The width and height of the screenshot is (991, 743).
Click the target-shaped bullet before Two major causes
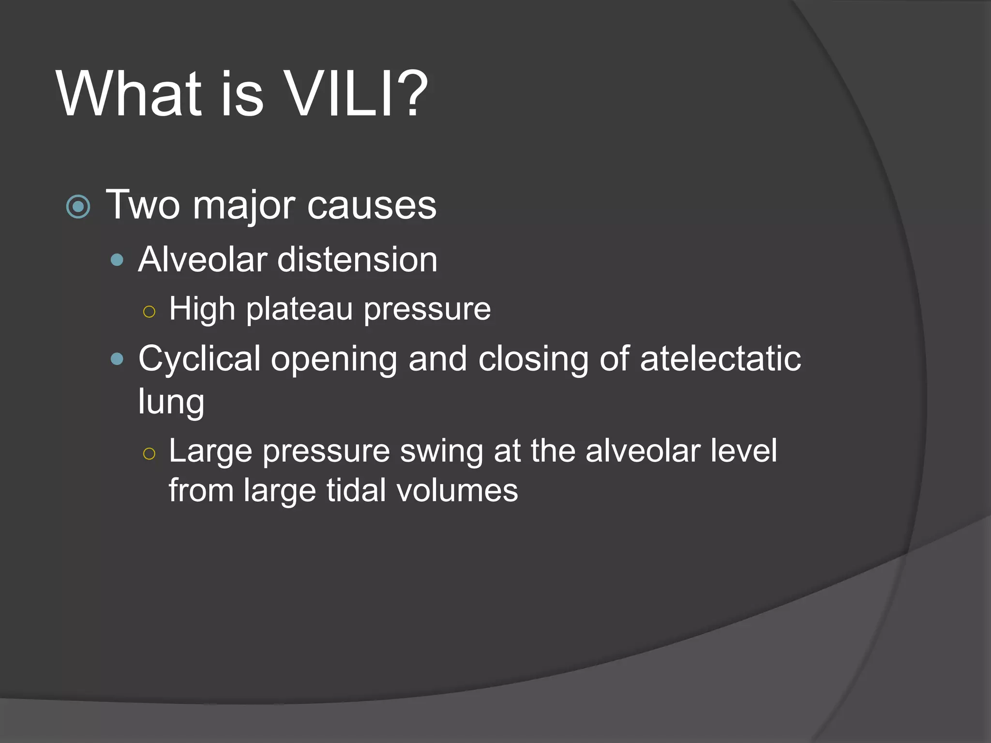pyautogui.click(x=78, y=207)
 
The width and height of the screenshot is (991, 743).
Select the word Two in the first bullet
pyautogui.click(x=143, y=205)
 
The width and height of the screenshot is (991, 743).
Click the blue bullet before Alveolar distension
pyautogui.click(x=117, y=261)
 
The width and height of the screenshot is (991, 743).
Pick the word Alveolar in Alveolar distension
pyautogui.click(x=203, y=259)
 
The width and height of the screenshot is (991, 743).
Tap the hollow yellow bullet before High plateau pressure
pyautogui.click(x=150, y=311)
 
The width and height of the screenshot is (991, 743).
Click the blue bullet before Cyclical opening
pyautogui.click(x=117, y=359)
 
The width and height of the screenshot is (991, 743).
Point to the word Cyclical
pyautogui.click(x=199, y=358)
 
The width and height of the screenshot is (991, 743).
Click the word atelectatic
pyautogui.click(x=721, y=358)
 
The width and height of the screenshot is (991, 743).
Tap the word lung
pyautogui.click(x=171, y=401)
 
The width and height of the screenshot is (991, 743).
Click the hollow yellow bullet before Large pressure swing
pyautogui.click(x=150, y=453)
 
